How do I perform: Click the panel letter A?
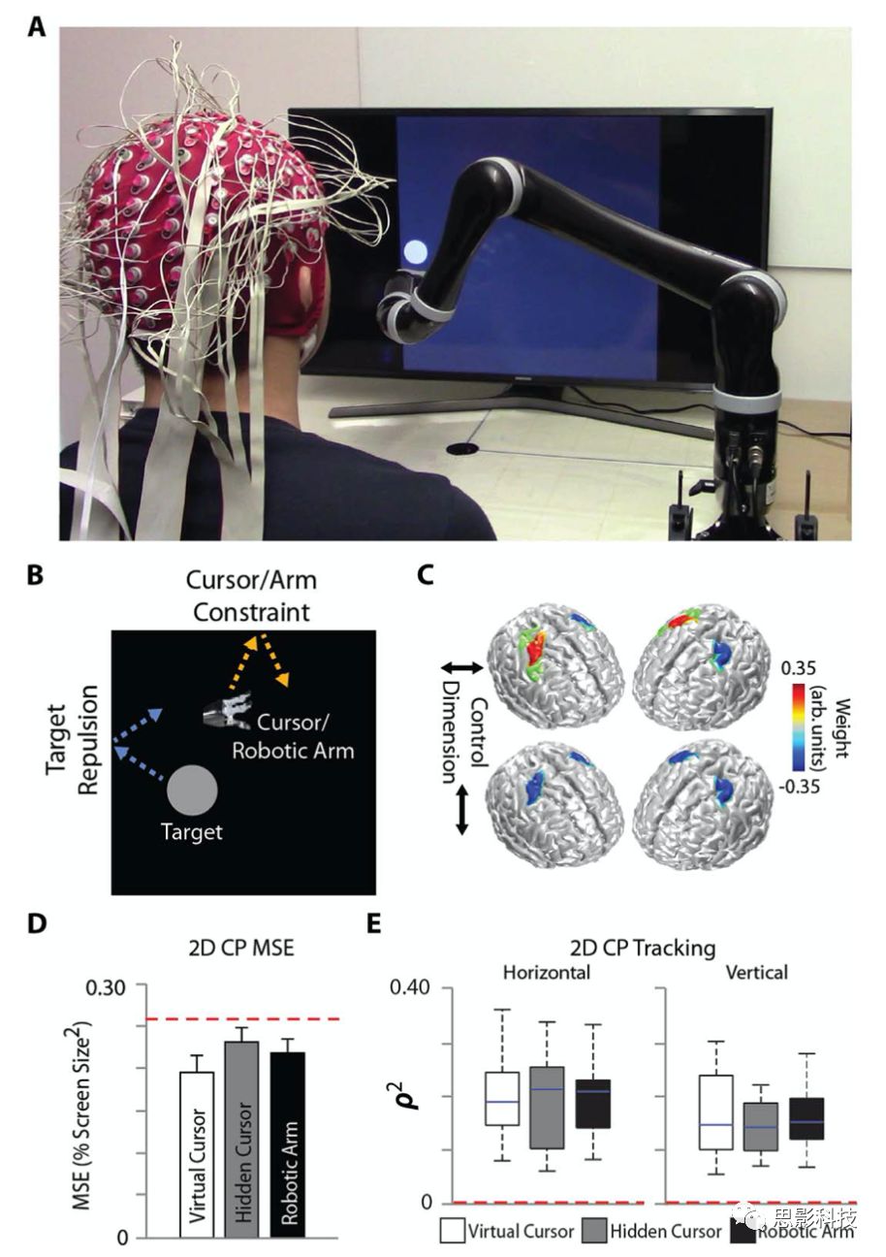(37, 26)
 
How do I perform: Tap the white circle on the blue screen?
(415, 253)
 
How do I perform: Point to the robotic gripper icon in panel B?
(229, 710)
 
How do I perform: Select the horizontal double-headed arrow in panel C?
(462, 667)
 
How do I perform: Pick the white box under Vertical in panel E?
(715, 1112)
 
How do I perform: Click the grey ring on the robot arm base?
(746, 401)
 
